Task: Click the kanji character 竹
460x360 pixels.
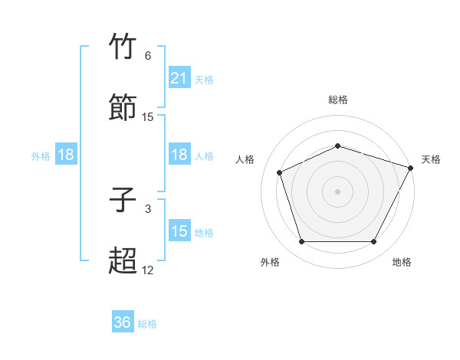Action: (123, 47)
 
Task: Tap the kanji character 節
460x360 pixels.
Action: (123, 106)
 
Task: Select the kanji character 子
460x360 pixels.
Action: (123, 201)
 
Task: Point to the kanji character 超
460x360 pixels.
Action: (123, 260)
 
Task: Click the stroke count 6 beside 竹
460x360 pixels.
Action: (148, 57)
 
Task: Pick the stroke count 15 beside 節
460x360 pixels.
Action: (148, 117)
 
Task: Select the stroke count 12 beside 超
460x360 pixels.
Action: (148, 270)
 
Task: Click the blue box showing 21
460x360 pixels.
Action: (179, 78)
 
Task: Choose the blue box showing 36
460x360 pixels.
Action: (123, 322)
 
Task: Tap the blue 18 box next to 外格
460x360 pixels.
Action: (66, 155)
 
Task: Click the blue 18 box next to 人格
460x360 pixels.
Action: (179, 155)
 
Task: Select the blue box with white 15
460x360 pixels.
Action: (179, 231)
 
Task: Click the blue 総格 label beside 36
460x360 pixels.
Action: (147, 324)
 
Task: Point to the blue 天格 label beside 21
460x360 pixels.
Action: (204, 79)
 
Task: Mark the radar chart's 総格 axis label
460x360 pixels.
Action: (337, 100)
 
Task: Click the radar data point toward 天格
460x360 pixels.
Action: (410, 168)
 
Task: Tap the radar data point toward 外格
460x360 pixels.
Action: (301, 242)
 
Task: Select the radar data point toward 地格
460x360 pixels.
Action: (374, 242)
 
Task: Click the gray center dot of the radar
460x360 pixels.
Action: (337, 191)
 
